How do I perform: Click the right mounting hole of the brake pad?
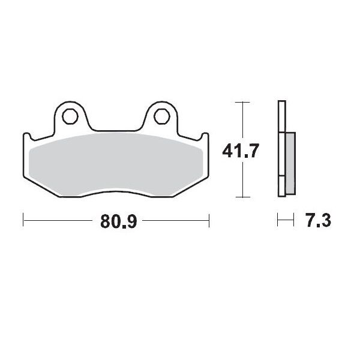click(160, 115)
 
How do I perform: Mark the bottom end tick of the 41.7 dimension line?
click(241, 197)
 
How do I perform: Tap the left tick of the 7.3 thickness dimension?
click(278, 221)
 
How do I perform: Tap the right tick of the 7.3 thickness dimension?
click(294, 221)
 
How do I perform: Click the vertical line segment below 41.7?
click(241, 180)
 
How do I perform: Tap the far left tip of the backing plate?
click(23, 137)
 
